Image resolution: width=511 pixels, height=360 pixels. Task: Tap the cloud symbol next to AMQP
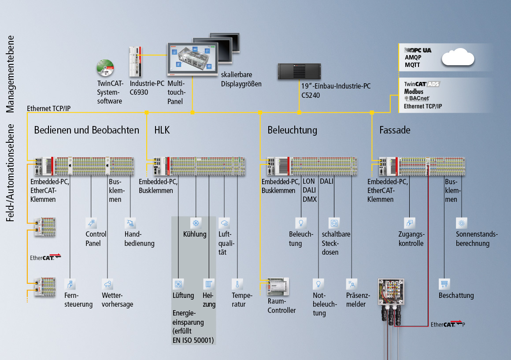pos(459,58)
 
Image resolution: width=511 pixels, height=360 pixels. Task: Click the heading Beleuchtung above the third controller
pos(292,130)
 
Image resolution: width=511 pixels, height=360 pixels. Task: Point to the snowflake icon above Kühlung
pos(195,223)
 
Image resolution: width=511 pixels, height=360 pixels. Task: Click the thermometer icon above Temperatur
pos(237,283)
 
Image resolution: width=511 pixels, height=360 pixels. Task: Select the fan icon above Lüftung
pos(178,283)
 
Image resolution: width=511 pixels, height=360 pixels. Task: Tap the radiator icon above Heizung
pos(208,283)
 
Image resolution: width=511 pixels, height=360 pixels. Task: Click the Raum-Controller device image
pos(278,286)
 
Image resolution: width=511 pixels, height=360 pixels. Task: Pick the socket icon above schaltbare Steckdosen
pos(334,223)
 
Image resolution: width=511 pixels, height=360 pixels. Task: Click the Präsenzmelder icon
pos(351,283)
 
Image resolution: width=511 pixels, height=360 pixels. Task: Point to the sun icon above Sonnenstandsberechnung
pos(461,223)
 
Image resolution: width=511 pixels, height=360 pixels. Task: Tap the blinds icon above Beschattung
pos(444,283)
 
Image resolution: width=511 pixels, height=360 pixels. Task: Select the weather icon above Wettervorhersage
pos(107,283)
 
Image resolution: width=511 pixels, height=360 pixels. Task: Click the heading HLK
pos(162,130)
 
